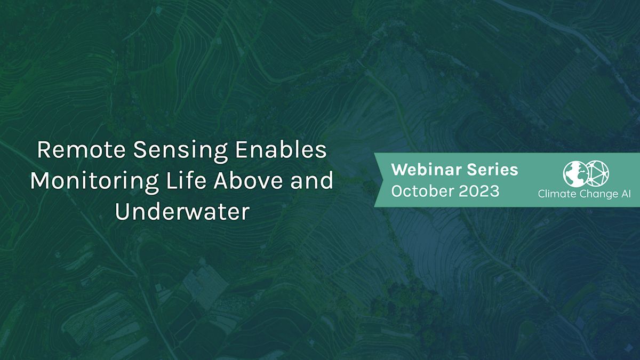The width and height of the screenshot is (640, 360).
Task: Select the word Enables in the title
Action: click(x=281, y=150)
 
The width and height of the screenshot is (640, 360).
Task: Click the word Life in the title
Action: click(x=180, y=181)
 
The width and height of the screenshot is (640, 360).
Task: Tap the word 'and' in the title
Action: click(x=313, y=181)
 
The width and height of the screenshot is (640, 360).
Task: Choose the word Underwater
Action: click(x=182, y=212)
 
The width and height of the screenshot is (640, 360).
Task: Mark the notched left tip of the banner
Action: click(x=379, y=179)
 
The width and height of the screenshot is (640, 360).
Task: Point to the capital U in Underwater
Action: click(x=122, y=212)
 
